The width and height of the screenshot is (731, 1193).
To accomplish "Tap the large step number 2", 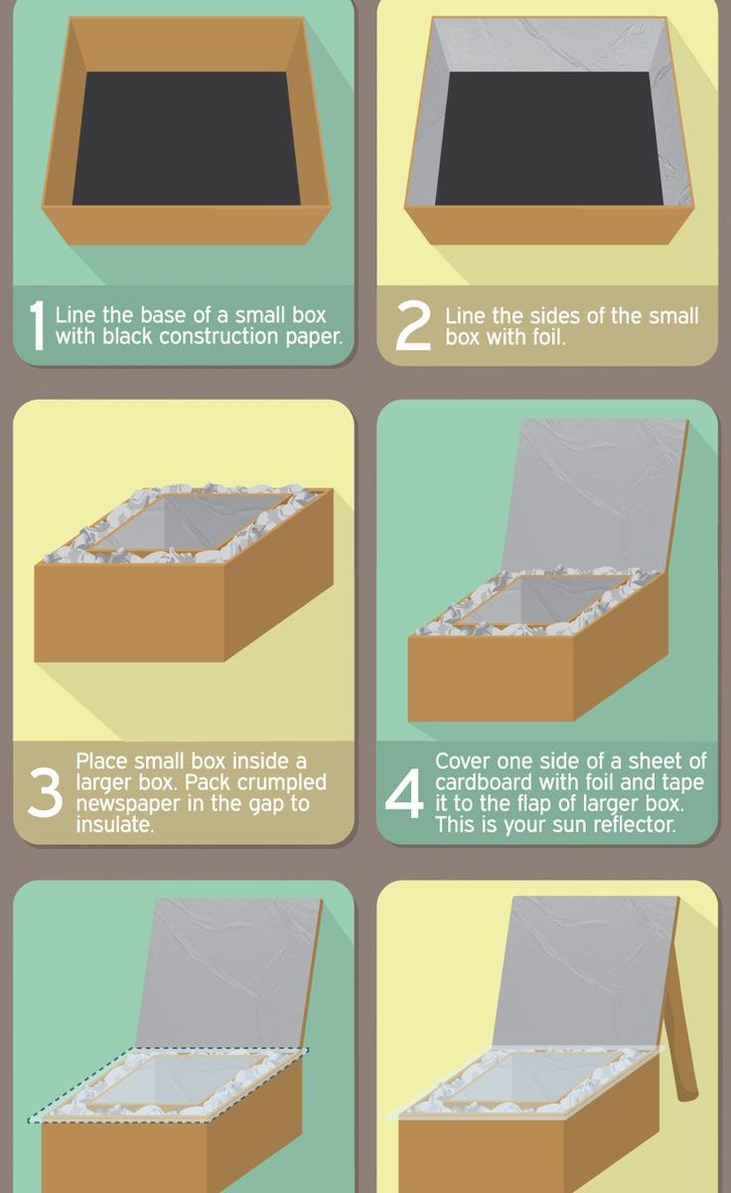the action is coord(413,328).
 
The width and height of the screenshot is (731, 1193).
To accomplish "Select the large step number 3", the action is coord(45,792).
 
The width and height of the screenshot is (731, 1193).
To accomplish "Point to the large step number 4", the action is coord(404,792).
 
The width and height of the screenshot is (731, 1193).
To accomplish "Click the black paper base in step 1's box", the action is coord(186,138).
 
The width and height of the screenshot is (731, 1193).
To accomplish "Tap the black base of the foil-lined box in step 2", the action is coord(549,138).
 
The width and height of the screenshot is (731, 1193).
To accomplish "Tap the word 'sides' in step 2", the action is coord(555,316).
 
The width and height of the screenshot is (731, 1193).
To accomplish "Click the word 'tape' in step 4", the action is coord(682,782).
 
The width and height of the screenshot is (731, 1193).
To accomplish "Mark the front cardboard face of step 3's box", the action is coord(129,613).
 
